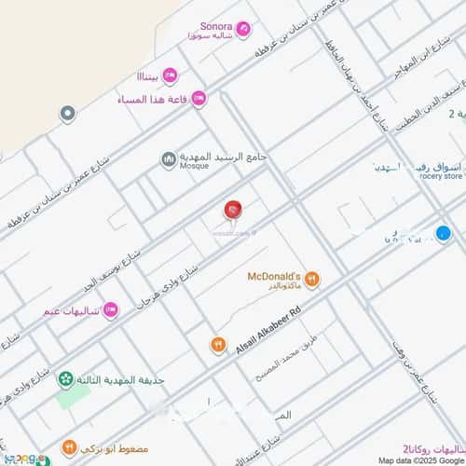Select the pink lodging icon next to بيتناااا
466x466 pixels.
pyautogui.click(x=170, y=75)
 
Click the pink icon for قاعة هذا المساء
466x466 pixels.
pyautogui.click(x=199, y=99)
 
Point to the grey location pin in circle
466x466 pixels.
pyautogui.click(x=67, y=114)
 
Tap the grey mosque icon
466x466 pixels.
pyautogui.click(x=169, y=160)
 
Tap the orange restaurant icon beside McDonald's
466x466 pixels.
pyautogui.click(x=312, y=279)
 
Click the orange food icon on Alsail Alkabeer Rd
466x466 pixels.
pyautogui.click(x=217, y=345)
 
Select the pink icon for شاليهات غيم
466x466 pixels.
pyautogui.click(x=110, y=309)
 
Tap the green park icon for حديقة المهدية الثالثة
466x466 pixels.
pyautogui.click(x=65, y=379)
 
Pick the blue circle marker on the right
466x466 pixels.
pyautogui.click(x=443, y=233)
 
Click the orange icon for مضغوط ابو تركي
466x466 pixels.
pyautogui.click(x=69, y=448)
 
